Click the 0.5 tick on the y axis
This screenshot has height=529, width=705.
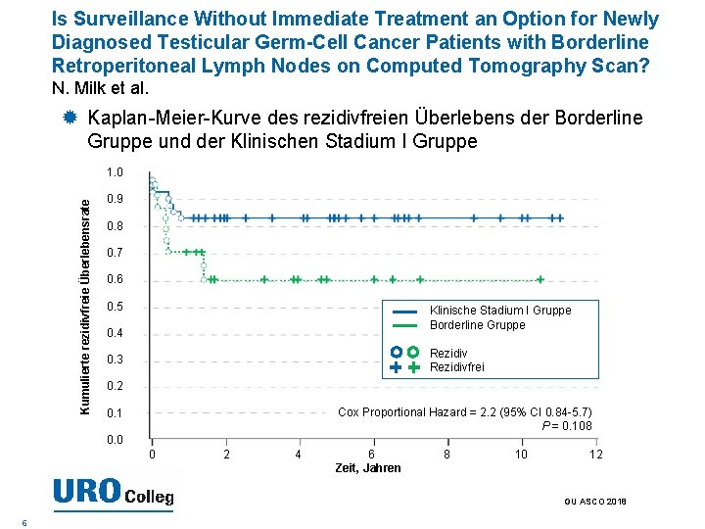coord(115,307)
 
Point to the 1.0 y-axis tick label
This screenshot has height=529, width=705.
coord(115,172)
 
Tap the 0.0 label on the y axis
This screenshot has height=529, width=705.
coord(115,440)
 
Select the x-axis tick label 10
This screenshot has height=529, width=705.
coord(522,454)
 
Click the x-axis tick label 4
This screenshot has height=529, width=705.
coord(298,454)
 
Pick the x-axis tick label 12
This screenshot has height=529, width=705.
coord(595,454)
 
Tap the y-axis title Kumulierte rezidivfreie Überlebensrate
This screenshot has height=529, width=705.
coord(85,305)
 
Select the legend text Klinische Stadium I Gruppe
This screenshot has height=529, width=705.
coord(500,311)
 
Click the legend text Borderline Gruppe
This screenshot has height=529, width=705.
coord(478,325)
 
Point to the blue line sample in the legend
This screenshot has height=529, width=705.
coord(404,311)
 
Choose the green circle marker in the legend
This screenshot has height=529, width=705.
coord(413,353)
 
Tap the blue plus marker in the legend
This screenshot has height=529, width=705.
coord(396,367)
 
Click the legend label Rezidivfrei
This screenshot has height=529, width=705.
coord(457,367)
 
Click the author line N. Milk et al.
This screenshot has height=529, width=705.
coord(99,88)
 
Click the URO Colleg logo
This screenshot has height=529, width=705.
coord(113,492)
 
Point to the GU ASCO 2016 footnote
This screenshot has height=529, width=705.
coord(595,502)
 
